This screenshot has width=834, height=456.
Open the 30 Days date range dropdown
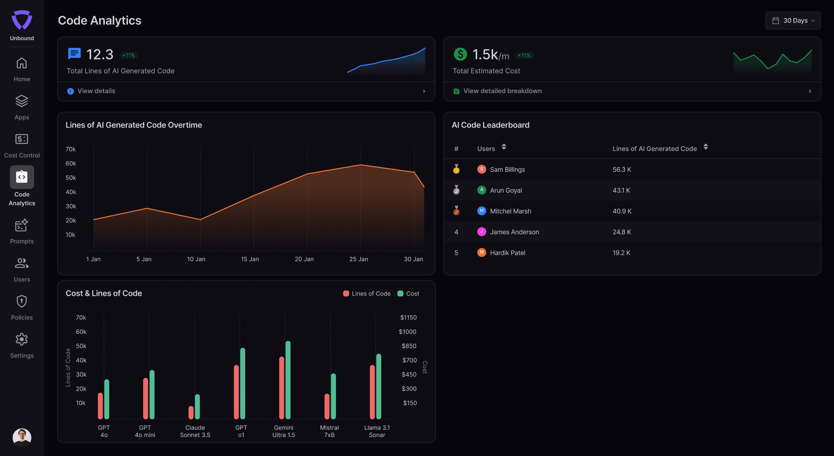pos(793,20)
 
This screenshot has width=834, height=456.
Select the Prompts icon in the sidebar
pos(22,225)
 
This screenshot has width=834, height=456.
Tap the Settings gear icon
pos(22,340)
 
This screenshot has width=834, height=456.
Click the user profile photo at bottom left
pos(22,437)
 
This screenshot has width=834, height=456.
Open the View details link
pos(96,91)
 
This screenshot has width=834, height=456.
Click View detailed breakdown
pos(502,91)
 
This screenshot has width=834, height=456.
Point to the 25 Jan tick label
pos(359,259)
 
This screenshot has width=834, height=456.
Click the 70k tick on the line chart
pos(71,149)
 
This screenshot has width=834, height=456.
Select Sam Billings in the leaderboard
pos(507,169)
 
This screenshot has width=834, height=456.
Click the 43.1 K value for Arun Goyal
pos(621,190)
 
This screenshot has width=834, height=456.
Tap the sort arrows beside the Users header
pos(504,147)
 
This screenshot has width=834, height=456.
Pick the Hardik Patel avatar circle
pos(482,252)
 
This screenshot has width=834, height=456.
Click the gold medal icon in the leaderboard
pos(456,169)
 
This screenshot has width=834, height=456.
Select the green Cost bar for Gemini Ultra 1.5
pos(288,380)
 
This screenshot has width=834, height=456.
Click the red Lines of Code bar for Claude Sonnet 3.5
pos(191,412)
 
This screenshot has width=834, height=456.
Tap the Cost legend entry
pos(409,294)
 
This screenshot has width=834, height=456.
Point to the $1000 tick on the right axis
pos(408,332)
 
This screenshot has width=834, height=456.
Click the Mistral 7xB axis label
pos(329,431)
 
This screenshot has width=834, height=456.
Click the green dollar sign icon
pos(460,54)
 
